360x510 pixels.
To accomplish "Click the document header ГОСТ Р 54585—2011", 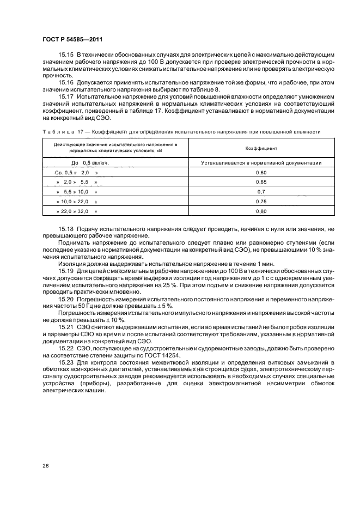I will (x=72, y=40).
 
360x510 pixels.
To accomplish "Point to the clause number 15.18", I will (x=66, y=230).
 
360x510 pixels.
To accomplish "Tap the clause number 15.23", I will (x=66, y=362).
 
